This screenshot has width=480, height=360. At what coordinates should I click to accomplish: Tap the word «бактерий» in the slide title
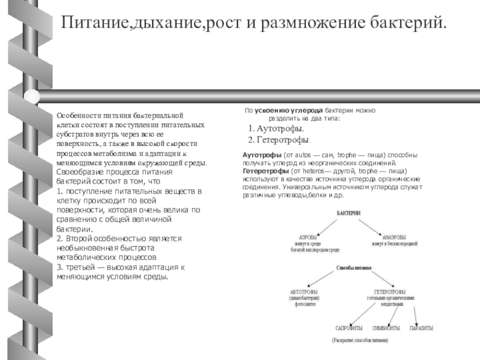point(407,23)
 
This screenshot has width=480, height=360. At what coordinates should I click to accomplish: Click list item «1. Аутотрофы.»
point(276,129)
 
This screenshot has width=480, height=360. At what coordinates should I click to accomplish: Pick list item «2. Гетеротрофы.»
point(280,139)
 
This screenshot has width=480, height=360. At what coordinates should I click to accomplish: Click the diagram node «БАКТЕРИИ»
point(349,213)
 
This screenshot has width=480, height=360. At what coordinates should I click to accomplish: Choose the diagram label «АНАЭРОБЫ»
point(394,236)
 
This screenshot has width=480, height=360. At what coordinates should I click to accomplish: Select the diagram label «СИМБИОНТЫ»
point(386,328)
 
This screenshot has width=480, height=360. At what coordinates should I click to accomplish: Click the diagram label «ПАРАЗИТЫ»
point(421,328)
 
